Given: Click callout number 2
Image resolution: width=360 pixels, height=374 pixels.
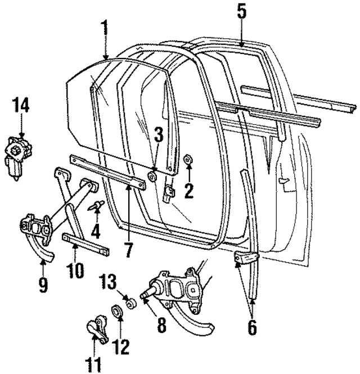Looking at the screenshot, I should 188,190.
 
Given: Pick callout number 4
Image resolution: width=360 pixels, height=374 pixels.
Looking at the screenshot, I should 97,229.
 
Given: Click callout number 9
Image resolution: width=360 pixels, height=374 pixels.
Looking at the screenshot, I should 43,283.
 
